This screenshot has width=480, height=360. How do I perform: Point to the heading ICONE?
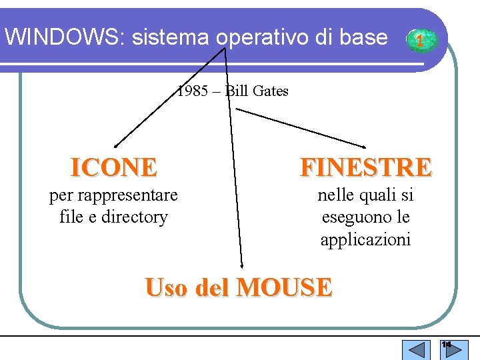[x=114, y=167]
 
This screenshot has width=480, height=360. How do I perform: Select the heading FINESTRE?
[x=366, y=167]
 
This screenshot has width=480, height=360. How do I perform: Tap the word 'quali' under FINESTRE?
[x=375, y=195]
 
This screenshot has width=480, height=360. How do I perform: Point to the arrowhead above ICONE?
[x=115, y=144]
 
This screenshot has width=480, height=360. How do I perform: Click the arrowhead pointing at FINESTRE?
[x=364, y=146]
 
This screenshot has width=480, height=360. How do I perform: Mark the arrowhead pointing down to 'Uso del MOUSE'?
[x=241, y=265]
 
